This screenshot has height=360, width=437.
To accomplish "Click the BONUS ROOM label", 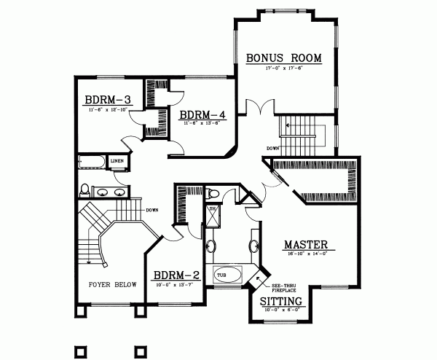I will coord(283,57).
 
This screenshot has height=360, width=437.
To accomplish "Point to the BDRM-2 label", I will coord(176,275).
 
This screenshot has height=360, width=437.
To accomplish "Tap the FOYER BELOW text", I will coord(112,285).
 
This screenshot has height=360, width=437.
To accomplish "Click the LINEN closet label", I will coord(117,161).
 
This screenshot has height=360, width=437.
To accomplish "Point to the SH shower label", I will coord(213,210).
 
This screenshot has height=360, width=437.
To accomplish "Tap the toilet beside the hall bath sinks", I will coord(85,191).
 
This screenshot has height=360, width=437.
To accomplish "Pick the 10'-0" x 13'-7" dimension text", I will coord(176,285).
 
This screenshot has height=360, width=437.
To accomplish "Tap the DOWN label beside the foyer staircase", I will coord(152,210).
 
